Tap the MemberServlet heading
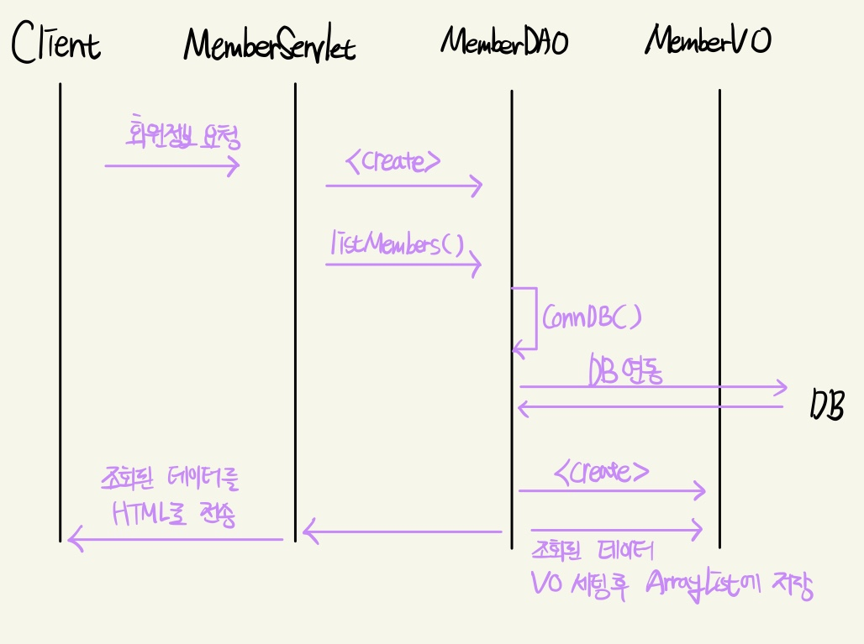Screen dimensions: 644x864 tap(269, 45)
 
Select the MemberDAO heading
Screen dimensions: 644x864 tap(504, 40)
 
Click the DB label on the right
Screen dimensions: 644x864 tap(826, 405)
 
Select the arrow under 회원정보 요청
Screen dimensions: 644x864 tap(172, 165)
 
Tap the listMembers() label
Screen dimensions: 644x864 tap(397, 244)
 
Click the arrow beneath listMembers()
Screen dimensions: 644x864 tap(403, 264)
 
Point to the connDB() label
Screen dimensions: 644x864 tap(592, 317)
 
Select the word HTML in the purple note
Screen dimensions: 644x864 tap(145, 511)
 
